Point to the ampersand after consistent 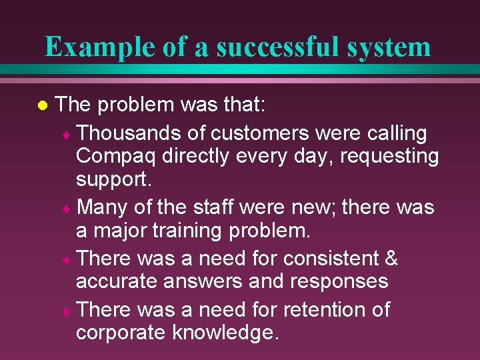(391, 258)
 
